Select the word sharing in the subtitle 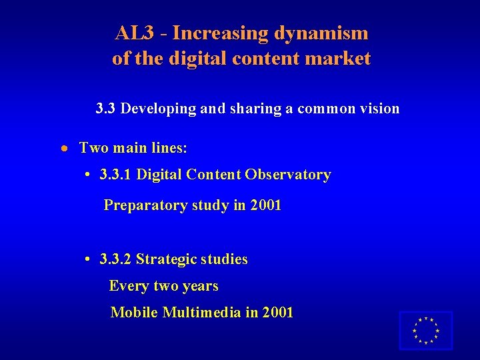(x=255, y=109)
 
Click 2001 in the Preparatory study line (x=266, y=206)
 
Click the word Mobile (x=134, y=312)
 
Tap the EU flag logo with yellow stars (x=425, y=331)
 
